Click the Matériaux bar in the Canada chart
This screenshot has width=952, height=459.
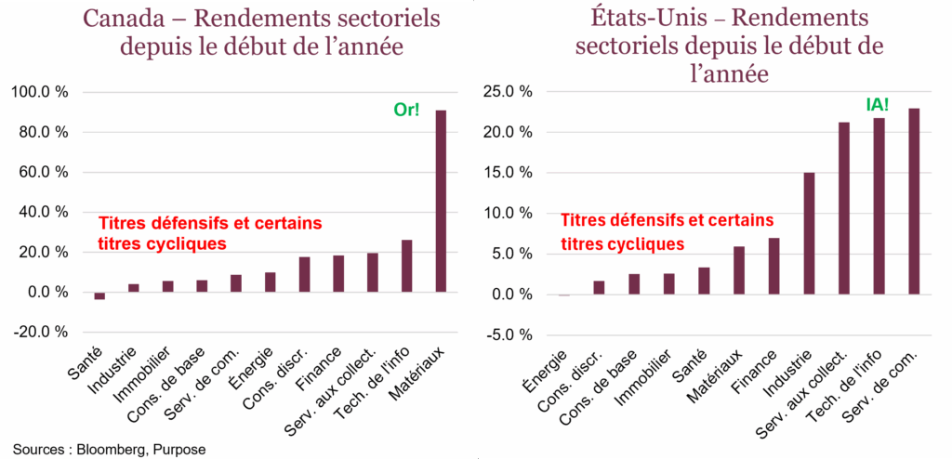tap(441, 202)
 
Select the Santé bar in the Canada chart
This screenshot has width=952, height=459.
tap(99, 295)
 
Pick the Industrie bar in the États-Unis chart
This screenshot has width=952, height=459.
tap(809, 233)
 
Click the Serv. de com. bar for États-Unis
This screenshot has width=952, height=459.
tap(914, 202)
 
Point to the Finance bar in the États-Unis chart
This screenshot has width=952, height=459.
tap(773, 266)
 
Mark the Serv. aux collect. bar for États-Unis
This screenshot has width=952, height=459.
tap(844, 208)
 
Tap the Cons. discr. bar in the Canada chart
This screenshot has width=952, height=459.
tap(304, 274)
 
